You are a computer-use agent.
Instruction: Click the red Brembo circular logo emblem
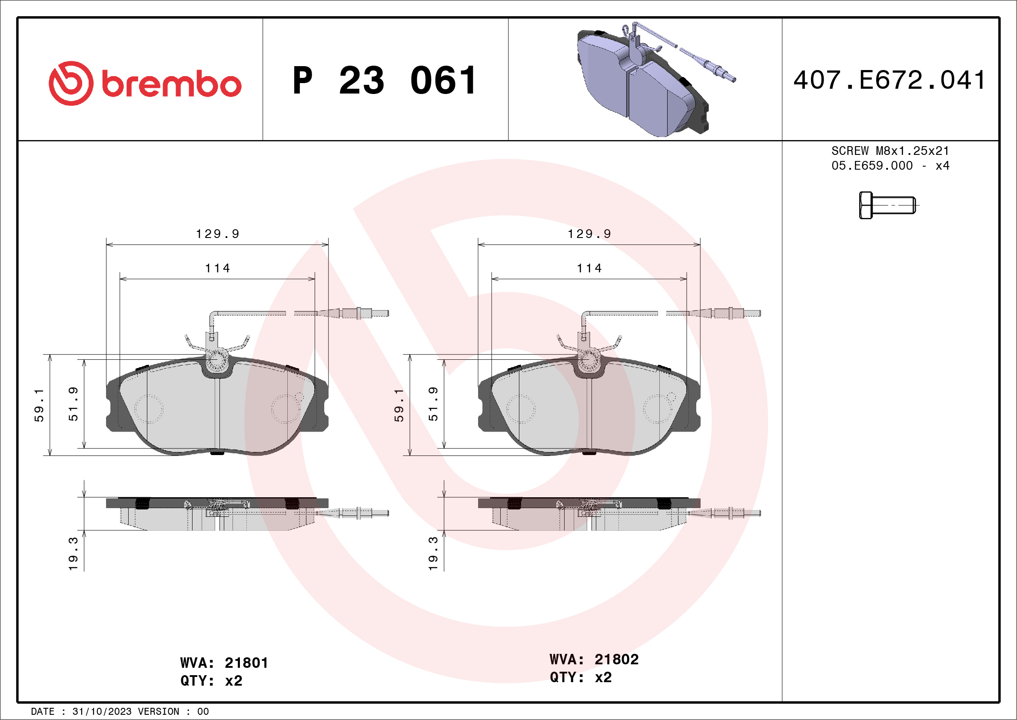[71, 84]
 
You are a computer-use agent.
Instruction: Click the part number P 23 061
[385, 80]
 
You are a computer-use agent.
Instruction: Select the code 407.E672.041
[889, 80]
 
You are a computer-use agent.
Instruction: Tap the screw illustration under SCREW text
[887, 205]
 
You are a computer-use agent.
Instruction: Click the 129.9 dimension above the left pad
[217, 234]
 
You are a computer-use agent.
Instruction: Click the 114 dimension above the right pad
[589, 268]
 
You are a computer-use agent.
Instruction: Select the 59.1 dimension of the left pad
[39, 405]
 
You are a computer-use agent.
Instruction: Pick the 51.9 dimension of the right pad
[433, 404]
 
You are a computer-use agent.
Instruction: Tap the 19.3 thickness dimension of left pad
[73, 554]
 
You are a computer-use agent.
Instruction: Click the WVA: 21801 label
[224, 663]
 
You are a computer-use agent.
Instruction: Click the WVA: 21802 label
[594, 659]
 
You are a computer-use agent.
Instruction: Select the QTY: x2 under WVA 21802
[580, 677]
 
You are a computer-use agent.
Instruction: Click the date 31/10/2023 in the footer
[101, 712]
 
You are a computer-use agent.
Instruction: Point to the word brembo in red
[171, 84]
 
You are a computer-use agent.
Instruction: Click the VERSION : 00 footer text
[173, 712]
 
